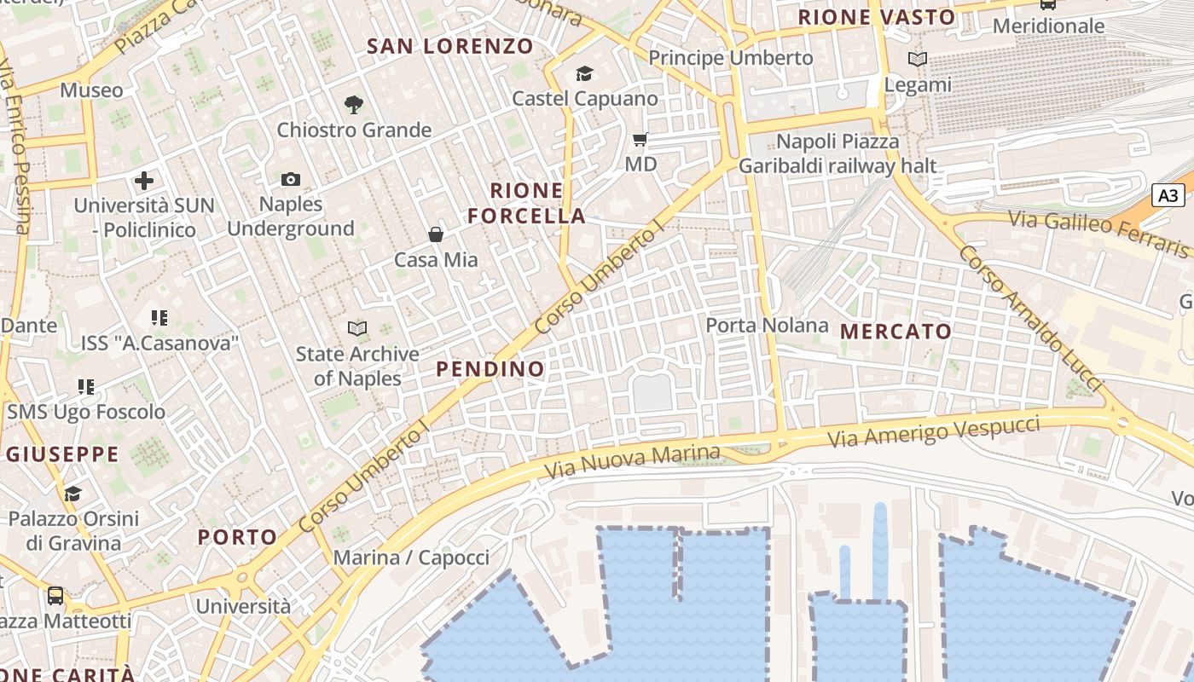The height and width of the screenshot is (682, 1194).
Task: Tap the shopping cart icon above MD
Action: pyautogui.click(x=640, y=139)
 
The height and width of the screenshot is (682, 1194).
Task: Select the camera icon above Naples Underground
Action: pyautogui.click(x=291, y=179)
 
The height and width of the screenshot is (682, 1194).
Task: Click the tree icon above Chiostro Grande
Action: pyautogui.click(x=354, y=105)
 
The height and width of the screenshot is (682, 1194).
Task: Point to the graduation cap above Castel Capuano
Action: pyautogui.click(x=584, y=74)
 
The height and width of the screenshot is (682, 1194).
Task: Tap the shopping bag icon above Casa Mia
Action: pyautogui.click(x=436, y=234)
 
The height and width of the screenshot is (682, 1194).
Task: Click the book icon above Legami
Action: pyautogui.click(x=918, y=60)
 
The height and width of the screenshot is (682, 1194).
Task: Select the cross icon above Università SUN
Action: pyautogui.click(x=144, y=180)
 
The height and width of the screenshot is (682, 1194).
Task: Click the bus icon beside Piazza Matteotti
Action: pyautogui.click(x=55, y=595)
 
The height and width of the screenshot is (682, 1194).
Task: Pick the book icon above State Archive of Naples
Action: pyautogui.click(x=357, y=328)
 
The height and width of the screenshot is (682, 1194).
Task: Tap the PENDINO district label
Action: pyautogui.click(x=490, y=369)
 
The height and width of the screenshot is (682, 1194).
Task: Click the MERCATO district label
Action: pyautogui.click(x=895, y=332)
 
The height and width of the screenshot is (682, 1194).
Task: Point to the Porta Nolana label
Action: pyautogui.click(x=767, y=325)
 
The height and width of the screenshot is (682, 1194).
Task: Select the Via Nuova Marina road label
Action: pyautogui.click(x=632, y=461)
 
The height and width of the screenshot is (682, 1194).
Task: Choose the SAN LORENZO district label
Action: pyautogui.click(x=450, y=46)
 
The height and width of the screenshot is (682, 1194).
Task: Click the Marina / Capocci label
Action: pyautogui.click(x=411, y=558)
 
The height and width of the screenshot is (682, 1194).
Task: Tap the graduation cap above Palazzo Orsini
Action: pyautogui.click(x=72, y=494)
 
